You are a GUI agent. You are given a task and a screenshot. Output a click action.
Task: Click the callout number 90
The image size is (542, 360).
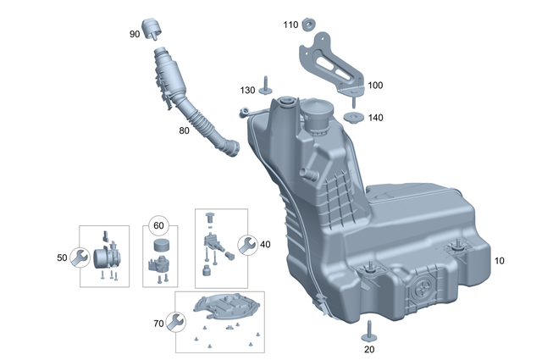coord(135,34)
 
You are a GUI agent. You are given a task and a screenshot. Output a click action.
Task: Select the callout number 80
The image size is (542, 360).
coord(184,131)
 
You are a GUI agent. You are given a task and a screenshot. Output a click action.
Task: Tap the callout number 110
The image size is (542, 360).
coord(290,25)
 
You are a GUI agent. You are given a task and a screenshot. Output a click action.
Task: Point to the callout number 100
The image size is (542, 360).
coord(374,86)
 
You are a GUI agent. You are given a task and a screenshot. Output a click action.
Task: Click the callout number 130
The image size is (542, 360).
coord(246,90)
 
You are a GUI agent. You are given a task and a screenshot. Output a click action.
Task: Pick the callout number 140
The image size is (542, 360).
coord(375,118)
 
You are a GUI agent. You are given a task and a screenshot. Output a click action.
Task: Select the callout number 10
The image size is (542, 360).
coord(499,261)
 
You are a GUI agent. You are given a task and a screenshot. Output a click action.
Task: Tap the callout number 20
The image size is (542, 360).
coord(368,348)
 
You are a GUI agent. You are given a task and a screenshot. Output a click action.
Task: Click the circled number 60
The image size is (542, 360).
coord(158,225)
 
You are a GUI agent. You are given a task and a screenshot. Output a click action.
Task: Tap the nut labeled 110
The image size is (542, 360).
coord(311,23)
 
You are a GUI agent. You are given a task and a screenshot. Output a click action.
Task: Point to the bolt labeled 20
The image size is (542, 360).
coord(370,330)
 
